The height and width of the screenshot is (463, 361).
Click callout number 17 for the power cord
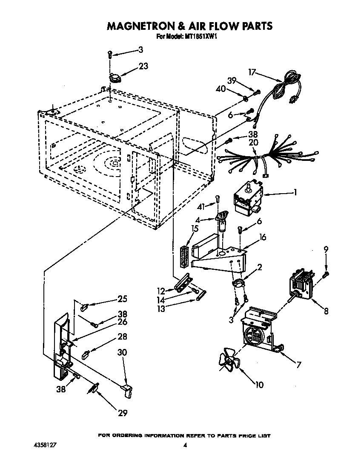(x=252, y=72)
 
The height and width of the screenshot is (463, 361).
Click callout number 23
(x=143, y=66)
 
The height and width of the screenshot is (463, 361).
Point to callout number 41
(x=202, y=206)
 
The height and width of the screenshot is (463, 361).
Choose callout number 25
(x=122, y=299)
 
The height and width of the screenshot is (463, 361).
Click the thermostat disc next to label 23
(x=115, y=77)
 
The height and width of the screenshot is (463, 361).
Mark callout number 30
(x=123, y=353)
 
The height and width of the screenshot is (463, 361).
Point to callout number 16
(x=263, y=237)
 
